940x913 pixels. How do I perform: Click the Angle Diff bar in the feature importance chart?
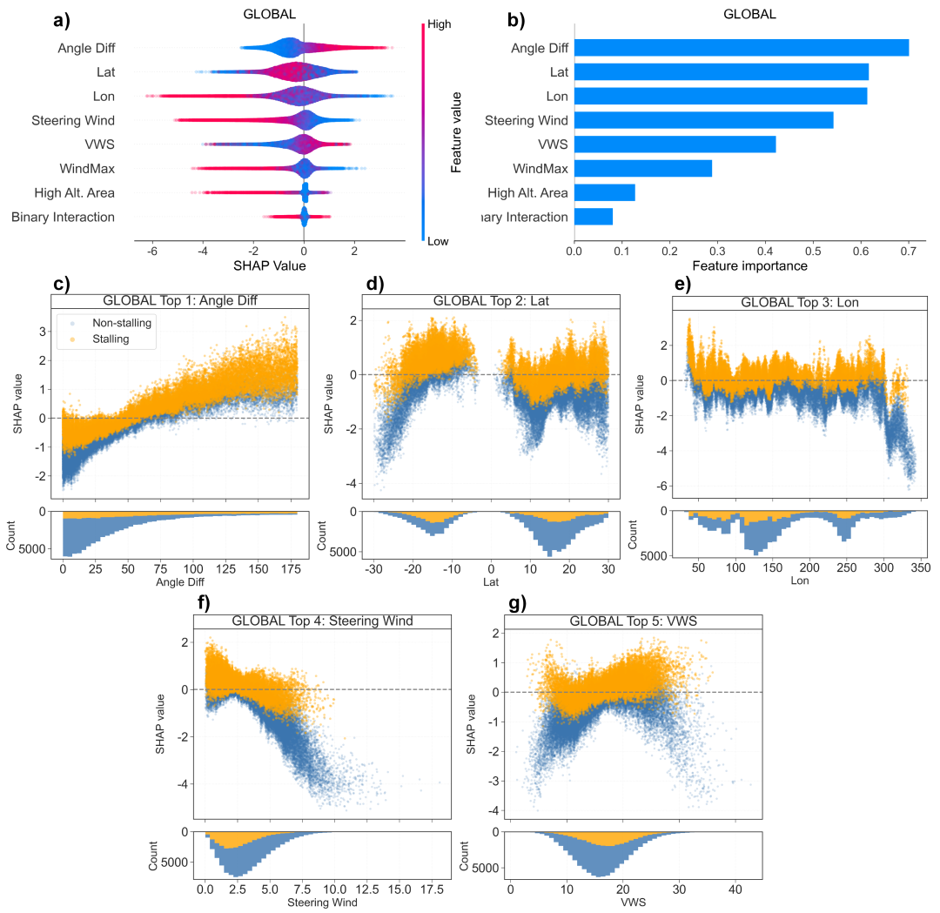point(741,48)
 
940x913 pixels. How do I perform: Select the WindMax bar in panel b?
point(642,168)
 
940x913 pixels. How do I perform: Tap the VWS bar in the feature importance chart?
point(675,144)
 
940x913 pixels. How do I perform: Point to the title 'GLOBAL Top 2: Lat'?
point(490,301)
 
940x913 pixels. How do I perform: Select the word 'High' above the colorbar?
point(439,25)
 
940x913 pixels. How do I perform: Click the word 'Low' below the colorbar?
point(438,242)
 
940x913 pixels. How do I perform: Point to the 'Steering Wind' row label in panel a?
point(73,120)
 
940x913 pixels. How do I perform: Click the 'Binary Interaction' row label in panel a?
point(63,217)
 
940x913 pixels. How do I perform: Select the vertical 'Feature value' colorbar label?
point(455,131)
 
